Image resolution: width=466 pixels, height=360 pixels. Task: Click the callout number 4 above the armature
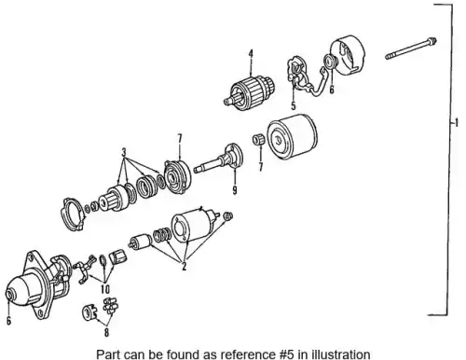[x=251, y=54]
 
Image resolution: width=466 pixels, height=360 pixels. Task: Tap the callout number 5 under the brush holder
[x=294, y=105]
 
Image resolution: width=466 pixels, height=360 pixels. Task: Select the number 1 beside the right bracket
[x=456, y=123]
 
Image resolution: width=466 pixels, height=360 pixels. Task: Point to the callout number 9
[x=235, y=189]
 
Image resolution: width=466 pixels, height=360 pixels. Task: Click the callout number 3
[x=124, y=153]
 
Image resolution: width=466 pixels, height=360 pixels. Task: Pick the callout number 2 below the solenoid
[x=185, y=266]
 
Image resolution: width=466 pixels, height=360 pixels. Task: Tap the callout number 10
[x=105, y=289]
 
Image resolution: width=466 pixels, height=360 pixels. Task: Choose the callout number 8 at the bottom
[x=106, y=333]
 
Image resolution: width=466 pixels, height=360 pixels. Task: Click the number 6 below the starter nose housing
[x=8, y=320]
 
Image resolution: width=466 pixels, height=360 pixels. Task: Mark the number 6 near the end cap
[x=332, y=90]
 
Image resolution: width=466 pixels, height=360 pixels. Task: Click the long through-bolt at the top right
[x=411, y=48]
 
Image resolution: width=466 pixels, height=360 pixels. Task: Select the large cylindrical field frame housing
[x=292, y=135]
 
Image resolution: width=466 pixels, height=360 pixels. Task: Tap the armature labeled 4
[x=250, y=90]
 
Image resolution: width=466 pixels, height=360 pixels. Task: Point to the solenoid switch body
[x=194, y=224]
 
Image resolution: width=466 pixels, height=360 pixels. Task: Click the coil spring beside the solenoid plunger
[x=162, y=235]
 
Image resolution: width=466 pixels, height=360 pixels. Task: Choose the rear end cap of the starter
[x=347, y=55]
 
